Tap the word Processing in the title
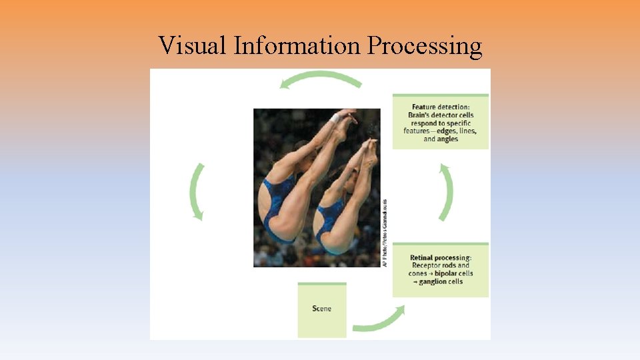(x=424, y=47)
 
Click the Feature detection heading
(x=440, y=107)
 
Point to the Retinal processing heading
(x=440, y=257)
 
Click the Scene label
(x=321, y=309)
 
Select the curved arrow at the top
(x=321, y=79)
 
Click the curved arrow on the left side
(x=197, y=190)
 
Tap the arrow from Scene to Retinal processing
(x=380, y=320)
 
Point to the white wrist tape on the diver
(x=336, y=118)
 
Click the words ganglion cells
(x=441, y=282)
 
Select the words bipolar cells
(x=454, y=273)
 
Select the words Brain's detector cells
(x=441, y=115)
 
